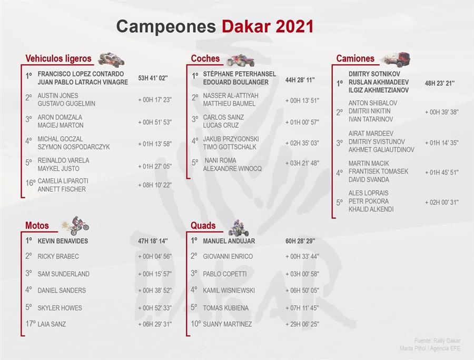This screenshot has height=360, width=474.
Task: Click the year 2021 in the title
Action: [x=295, y=26]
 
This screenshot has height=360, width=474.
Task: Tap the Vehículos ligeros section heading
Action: [x=58, y=58]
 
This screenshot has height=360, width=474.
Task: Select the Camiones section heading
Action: [x=355, y=58]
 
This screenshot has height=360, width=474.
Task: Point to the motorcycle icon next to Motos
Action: [x=76, y=225]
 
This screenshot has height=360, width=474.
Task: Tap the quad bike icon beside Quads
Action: [x=239, y=228]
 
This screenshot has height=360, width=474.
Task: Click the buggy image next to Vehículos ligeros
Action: [x=111, y=59]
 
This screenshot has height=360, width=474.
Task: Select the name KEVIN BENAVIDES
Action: [x=63, y=241]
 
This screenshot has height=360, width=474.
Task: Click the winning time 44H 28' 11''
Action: [x=300, y=80]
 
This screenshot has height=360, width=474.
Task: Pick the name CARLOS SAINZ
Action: [x=223, y=117]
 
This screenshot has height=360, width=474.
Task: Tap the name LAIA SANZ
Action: [x=52, y=324]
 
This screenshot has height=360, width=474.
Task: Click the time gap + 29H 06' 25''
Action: [x=302, y=324]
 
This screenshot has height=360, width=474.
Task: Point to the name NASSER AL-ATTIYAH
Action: [x=231, y=95]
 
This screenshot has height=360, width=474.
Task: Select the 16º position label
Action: [x=31, y=183]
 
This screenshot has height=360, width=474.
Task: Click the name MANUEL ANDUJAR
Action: [x=229, y=241]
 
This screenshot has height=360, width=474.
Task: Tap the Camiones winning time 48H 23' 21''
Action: [x=440, y=83]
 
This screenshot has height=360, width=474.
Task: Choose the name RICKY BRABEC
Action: [x=58, y=256]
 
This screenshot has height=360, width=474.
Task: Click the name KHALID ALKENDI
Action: [x=371, y=209]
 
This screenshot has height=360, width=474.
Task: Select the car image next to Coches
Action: [x=241, y=60]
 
